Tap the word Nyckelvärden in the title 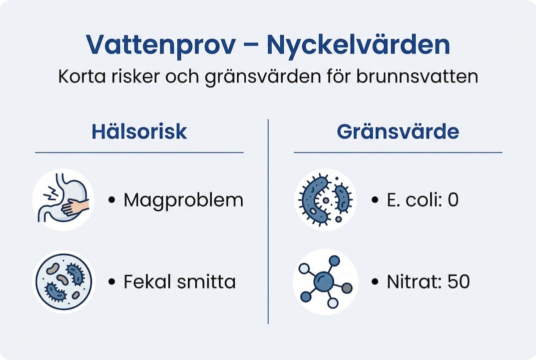358,45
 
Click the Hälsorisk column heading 139,132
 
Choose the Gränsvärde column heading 398,132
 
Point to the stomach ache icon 63,199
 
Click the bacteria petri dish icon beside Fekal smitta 63,281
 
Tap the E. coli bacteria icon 325,199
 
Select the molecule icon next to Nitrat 325,281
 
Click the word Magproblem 183,200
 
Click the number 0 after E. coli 453,200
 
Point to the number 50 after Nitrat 459,282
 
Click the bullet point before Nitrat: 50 375,282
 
